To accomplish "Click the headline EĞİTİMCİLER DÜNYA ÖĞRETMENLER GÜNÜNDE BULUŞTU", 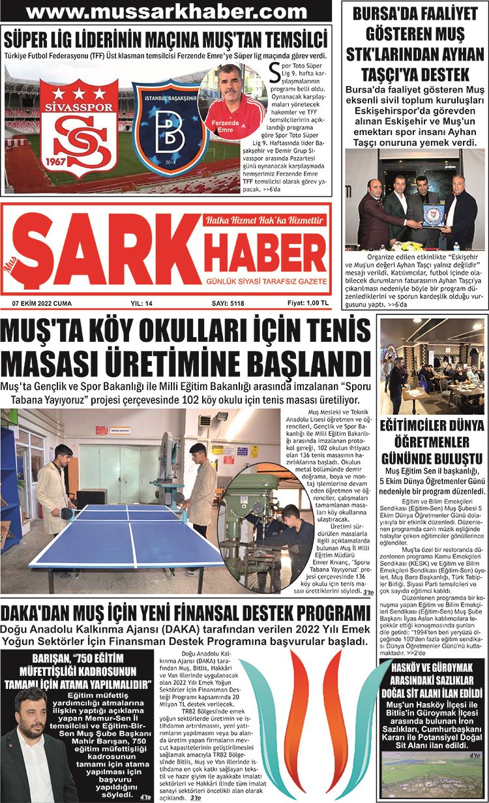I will pos(433,442).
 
